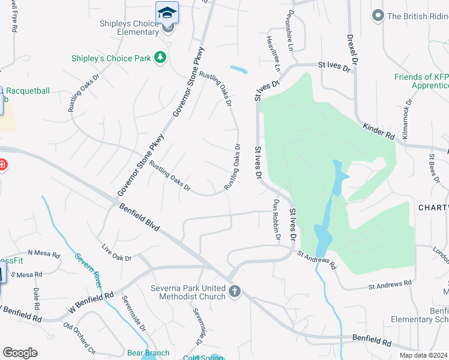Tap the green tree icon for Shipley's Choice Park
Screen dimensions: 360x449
tap(160, 58)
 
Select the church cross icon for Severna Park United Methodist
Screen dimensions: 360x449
tap(235, 292)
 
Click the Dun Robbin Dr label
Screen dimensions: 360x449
tap(277, 220)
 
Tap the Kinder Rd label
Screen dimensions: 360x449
tap(379, 131)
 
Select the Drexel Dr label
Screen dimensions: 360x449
tap(352, 49)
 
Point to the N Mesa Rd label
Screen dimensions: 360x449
tap(44, 254)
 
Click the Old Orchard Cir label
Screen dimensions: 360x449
tap(79, 340)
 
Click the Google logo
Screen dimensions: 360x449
tap(20, 353)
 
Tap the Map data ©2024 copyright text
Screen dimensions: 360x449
tap(423, 355)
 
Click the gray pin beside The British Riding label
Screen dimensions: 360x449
tap(378, 15)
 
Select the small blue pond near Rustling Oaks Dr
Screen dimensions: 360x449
tap(238, 70)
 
